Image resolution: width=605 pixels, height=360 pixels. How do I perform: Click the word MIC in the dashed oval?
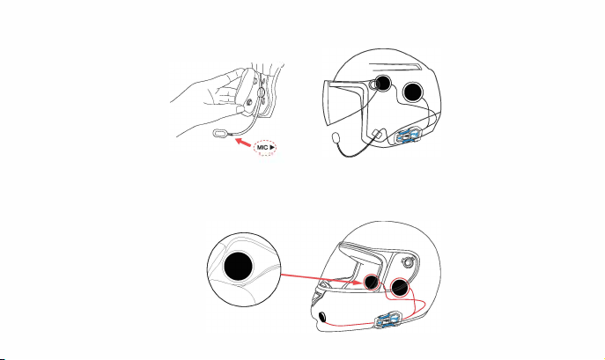(262, 147)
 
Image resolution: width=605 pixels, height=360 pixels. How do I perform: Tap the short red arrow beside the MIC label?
(243, 142)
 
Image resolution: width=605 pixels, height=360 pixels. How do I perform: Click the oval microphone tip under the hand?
(220, 133)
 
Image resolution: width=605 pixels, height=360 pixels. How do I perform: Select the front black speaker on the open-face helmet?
(383, 83)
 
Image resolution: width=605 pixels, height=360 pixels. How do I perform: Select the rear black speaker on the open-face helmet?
(413, 92)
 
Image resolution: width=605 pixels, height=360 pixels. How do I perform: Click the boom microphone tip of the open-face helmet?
(336, 137)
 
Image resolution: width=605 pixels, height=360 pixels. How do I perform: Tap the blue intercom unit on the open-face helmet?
(409, 136)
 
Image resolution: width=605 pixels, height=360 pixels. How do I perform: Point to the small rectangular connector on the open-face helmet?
(377, 134)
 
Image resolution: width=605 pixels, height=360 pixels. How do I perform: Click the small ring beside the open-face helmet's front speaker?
(373, 84)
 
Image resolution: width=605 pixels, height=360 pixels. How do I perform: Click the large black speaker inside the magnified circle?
(238, 266)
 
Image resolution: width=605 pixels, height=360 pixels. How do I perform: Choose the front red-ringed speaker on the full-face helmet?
(371, 282)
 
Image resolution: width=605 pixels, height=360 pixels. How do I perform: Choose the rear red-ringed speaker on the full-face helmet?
(399, 287)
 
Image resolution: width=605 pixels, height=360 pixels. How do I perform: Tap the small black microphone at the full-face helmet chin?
(321, 317)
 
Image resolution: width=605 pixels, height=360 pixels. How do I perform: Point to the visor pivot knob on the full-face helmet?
(408, 262)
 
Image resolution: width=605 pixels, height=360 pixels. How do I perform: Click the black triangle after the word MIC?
(272, 147)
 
